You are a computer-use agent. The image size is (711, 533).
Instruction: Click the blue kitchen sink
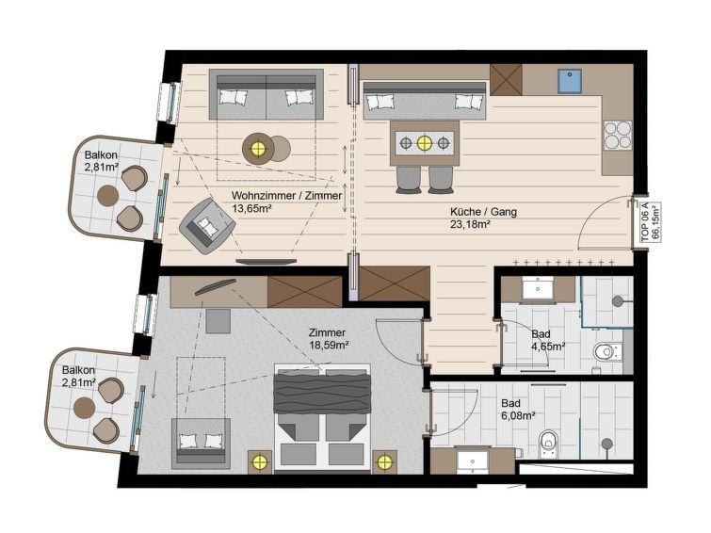(x=569, y=81)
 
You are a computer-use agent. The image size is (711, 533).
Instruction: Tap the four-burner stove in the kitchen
(x=617, y=136)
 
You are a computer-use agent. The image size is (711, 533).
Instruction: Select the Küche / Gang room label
(x=483, y=211)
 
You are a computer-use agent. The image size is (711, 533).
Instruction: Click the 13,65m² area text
(x=251, y=209)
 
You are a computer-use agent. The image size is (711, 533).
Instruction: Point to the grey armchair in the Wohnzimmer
(x=207, y=226)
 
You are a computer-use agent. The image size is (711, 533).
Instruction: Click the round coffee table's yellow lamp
(x=258, y=148)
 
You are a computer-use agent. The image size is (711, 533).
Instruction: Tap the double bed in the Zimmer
(x=322, y=418)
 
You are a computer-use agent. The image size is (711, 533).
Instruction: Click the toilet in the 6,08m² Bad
(x=548, y=443)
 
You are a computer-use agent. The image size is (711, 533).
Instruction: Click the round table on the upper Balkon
(x=108, y=196)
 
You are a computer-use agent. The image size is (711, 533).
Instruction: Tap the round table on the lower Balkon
(x=85, y=408)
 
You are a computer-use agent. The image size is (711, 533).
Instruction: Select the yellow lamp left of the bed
(x=260, y=462)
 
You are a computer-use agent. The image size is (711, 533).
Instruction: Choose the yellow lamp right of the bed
(x=384, y=462)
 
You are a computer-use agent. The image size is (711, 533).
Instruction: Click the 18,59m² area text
(x=329, y=345)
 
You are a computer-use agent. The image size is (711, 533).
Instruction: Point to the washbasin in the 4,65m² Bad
(x=538, y=288)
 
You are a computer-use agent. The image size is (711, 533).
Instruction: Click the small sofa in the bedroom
(x=201, y=444)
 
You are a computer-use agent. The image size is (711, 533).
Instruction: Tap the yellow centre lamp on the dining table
(x=424, y=143)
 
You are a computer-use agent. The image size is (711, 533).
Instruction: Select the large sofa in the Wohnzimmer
(x=267, y=94)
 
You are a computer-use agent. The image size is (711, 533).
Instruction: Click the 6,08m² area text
(x=516, y=414)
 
